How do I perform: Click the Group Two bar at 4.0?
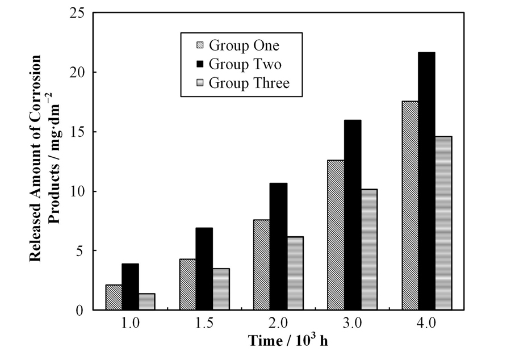(426, 181)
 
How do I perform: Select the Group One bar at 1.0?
(114, 297)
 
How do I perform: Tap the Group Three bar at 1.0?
(147, 302)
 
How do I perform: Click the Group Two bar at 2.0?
(278, 246)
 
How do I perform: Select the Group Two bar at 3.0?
(352, 215)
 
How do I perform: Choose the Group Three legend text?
(249, 83)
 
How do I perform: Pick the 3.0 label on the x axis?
(352, 325)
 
